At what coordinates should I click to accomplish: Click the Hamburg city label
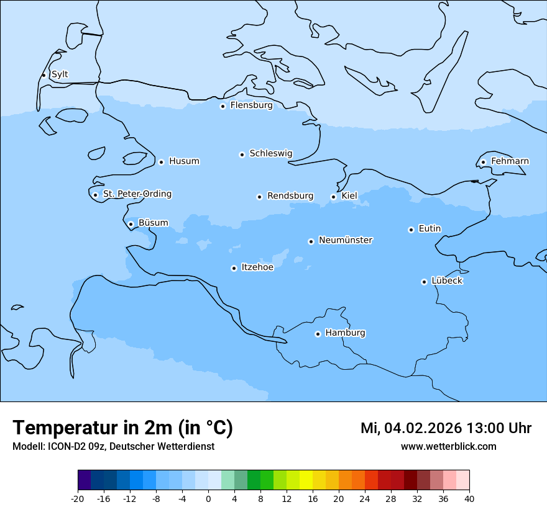[x=345, y=333]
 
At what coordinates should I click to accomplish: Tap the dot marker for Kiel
[x=333, y=197]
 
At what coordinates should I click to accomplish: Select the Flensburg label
[x=251, y=105]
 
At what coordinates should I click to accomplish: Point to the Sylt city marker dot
[x=44, y=75]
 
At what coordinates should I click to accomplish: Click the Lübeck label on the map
[x=447, y=280]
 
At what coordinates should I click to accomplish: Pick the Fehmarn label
[x=510, y=161]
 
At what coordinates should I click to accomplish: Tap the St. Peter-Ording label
[x=137, y=194]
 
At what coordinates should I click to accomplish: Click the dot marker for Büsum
[x=131, y=224]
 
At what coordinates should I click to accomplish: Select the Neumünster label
[x=346, y=240]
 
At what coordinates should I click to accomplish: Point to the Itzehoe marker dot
[x=234, y=268]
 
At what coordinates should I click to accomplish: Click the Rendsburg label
[x=290, y=196]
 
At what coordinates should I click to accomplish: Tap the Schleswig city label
[x=270, y=153]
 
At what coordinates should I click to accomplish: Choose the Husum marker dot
[x=161, y=162]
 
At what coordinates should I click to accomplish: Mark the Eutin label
[x=430, y=229]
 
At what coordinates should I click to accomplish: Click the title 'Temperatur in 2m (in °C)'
[x=122, y=428]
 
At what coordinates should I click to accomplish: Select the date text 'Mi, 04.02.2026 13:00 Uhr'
[x=446, y=428]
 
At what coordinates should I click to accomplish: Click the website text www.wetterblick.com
[x=448, y=447]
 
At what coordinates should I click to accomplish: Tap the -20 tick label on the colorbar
[x=78, y=499]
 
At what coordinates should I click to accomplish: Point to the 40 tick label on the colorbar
[x=469, y=499]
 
